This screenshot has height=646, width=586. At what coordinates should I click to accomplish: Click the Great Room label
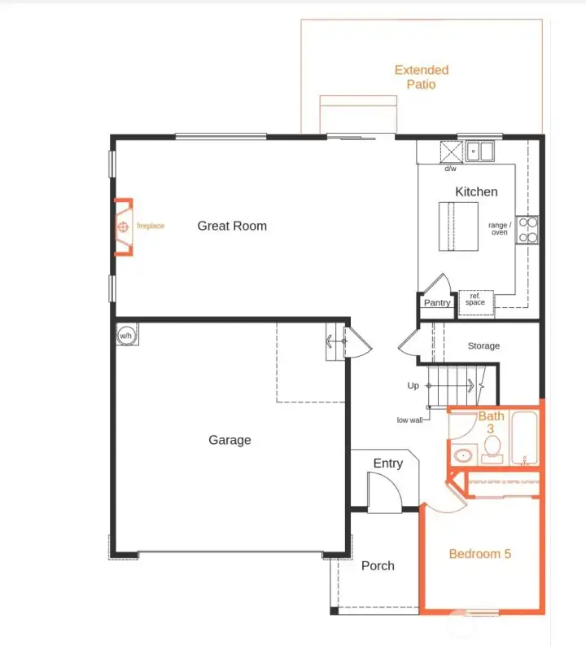(x=232, y=226)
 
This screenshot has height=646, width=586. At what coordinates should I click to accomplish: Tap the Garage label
(x=230, y=440)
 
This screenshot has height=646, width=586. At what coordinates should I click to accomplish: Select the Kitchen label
(x=476, y=191)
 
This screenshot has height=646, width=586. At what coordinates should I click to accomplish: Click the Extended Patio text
(x=422, y=77)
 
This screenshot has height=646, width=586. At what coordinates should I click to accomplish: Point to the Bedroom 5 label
(x=480, y=554)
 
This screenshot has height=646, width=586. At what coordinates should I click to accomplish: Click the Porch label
(x=378, y=565)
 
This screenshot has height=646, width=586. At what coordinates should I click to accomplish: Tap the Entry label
(x=387, y=463)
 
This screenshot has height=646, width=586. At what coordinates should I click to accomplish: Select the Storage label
(x=483, y=346)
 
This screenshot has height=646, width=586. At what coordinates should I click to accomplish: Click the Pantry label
(x=437, y=303)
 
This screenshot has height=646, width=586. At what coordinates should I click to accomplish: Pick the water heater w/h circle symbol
(x=126, y=336)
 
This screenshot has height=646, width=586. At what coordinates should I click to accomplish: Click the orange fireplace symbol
(x=123, y=226)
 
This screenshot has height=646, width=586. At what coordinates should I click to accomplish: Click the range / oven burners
(x=527, y=229)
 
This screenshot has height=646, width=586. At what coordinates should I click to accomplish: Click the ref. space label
(x=475, y=300)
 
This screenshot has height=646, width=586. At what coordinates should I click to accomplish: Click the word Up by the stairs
(x=413, y=385)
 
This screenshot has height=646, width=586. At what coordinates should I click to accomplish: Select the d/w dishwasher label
(x=449, y=169)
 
